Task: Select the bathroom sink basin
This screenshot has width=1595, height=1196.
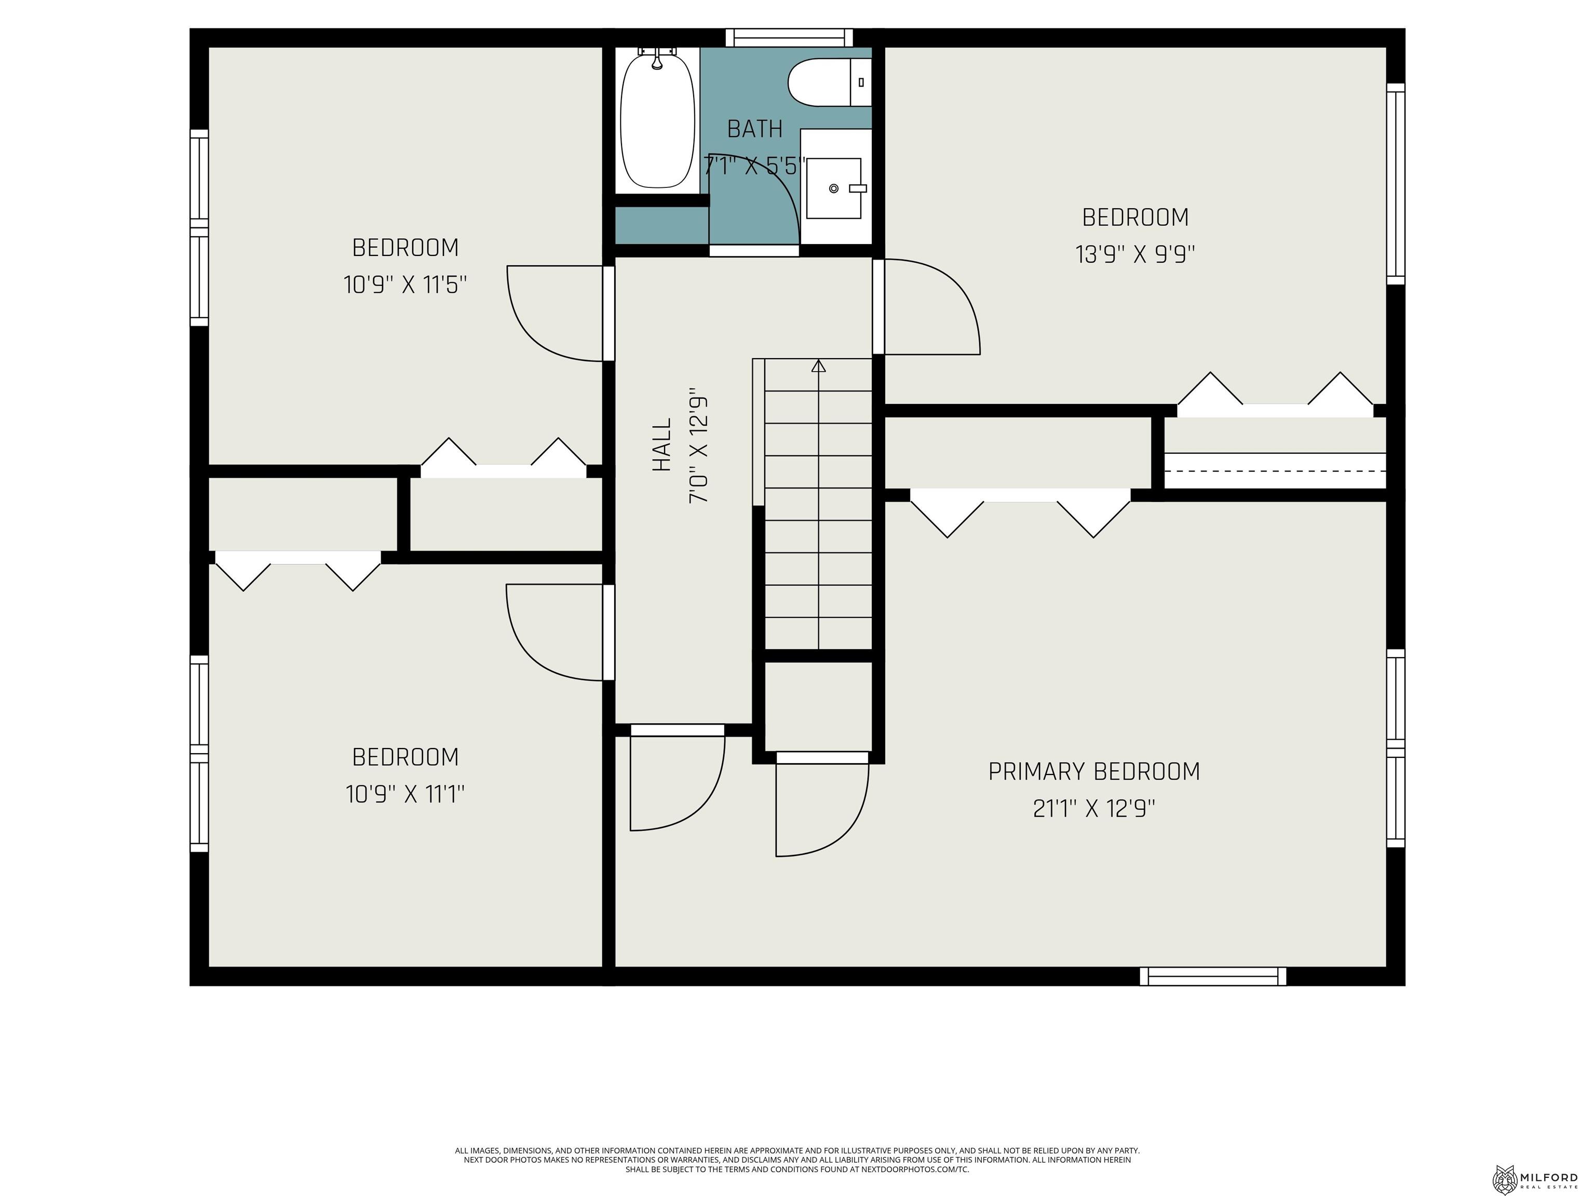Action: (x=833, y=188)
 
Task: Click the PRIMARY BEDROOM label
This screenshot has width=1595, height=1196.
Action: (x=1093, y=771)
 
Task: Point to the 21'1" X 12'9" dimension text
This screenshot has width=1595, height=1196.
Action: (x=1093, y=809)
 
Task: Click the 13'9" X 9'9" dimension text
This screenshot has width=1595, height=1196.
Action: (x=1135, y=254)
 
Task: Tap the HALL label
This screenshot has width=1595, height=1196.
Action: (x=661, y=445)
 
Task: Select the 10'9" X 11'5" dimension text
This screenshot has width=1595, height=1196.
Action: (x=404, y=285)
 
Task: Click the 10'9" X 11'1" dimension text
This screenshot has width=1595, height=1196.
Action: (x=404, y=794)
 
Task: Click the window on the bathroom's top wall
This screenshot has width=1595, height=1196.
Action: (x=789, y=37)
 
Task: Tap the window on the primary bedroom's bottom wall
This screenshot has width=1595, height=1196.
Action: (x=1213, y=976)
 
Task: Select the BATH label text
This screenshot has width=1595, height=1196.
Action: (x=754, y=129)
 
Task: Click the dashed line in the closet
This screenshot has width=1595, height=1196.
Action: (x=1275, y=470)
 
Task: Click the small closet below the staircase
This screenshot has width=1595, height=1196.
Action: (x=818, y=705)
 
